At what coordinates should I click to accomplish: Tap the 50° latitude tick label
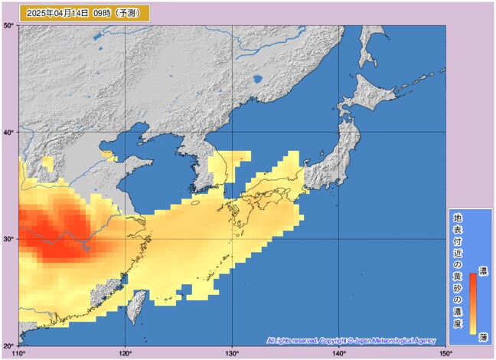9,26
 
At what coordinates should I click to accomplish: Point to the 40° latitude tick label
9,133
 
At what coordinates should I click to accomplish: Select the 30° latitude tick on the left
9,239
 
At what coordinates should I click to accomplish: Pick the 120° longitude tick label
126,353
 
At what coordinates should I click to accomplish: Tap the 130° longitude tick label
232,353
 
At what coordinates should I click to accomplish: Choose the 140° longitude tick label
339,353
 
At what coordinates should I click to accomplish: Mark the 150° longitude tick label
445,353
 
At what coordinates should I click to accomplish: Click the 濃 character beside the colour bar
483,270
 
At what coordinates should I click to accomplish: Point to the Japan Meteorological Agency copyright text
351,340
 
